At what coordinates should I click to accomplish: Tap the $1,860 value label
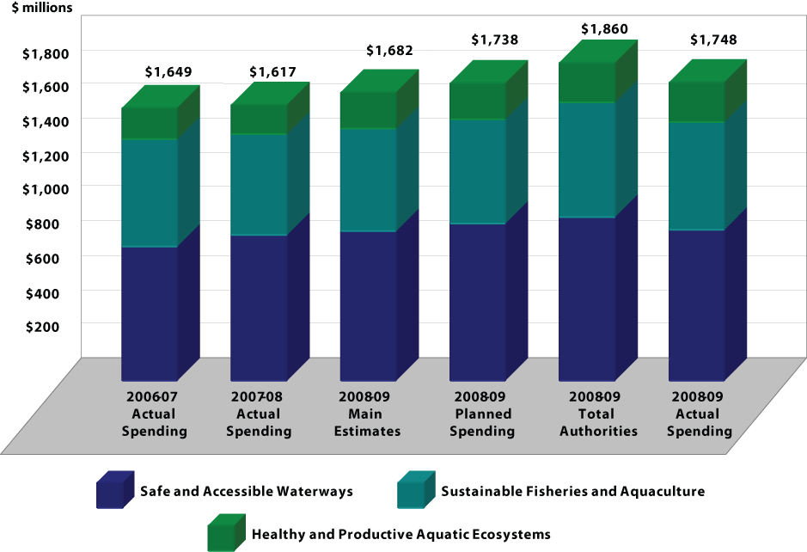[x=604, y=29]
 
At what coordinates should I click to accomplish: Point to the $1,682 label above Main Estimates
[x=389, y=52]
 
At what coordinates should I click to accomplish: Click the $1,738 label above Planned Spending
[x=495, y=40]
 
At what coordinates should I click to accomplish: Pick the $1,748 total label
[x=713, y=40]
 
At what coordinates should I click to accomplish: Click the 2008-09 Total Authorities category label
[x=598, y=414]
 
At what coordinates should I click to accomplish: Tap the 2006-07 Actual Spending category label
[x=154, y=414]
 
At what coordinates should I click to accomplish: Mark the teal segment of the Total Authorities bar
[x=588, y=159]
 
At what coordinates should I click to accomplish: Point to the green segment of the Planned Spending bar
[x=478, y=101]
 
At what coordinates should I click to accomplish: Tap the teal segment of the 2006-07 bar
[x=150, y=193]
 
